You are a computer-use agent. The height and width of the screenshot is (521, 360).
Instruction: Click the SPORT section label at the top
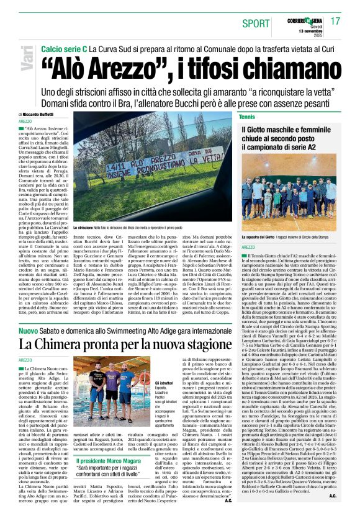coord(256,22)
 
